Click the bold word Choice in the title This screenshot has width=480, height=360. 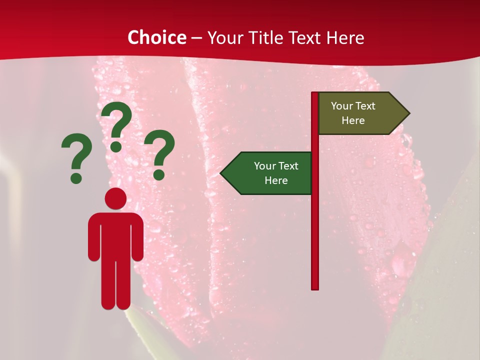coord(156,37)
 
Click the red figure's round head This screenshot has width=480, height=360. coord(115,198)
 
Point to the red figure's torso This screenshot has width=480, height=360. coord(115,235)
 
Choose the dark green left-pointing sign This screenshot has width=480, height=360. coord(270,173)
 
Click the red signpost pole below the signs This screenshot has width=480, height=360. coord(315,240)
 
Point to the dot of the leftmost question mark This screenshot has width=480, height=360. coord(76,177)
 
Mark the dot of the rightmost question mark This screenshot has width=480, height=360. coord(159,174)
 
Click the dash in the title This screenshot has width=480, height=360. coord(196,38)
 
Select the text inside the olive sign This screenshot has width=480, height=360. coord(353,113)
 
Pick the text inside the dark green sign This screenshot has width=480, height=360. coord(276,173)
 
